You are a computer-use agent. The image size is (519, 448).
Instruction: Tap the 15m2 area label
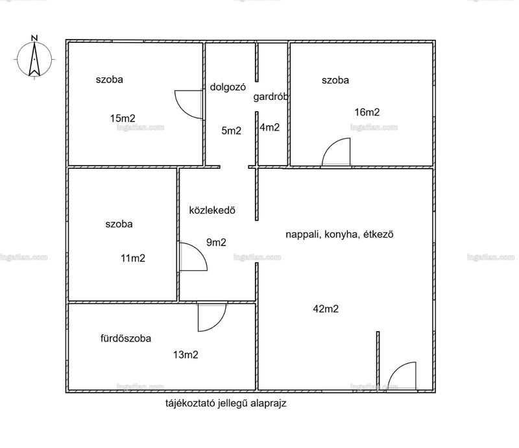(123, 118)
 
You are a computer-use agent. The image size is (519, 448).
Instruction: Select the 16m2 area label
(367, 112)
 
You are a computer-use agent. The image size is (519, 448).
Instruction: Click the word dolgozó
(228, 87)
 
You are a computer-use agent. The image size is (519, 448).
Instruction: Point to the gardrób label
(271, 97)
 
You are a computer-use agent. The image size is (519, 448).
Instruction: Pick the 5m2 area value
(231, 131)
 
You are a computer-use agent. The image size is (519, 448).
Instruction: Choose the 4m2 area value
(269, 127)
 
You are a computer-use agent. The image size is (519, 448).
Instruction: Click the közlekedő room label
(212, 210)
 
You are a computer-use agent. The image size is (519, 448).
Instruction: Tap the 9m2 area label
(216, 243)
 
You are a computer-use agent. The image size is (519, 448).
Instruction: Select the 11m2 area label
(133, 258)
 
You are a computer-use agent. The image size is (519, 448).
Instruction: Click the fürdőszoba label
(126, 338)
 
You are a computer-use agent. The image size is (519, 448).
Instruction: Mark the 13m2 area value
(186, 355)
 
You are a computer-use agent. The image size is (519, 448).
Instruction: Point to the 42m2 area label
(326, 309)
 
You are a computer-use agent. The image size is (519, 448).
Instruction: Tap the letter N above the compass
(34, 38)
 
